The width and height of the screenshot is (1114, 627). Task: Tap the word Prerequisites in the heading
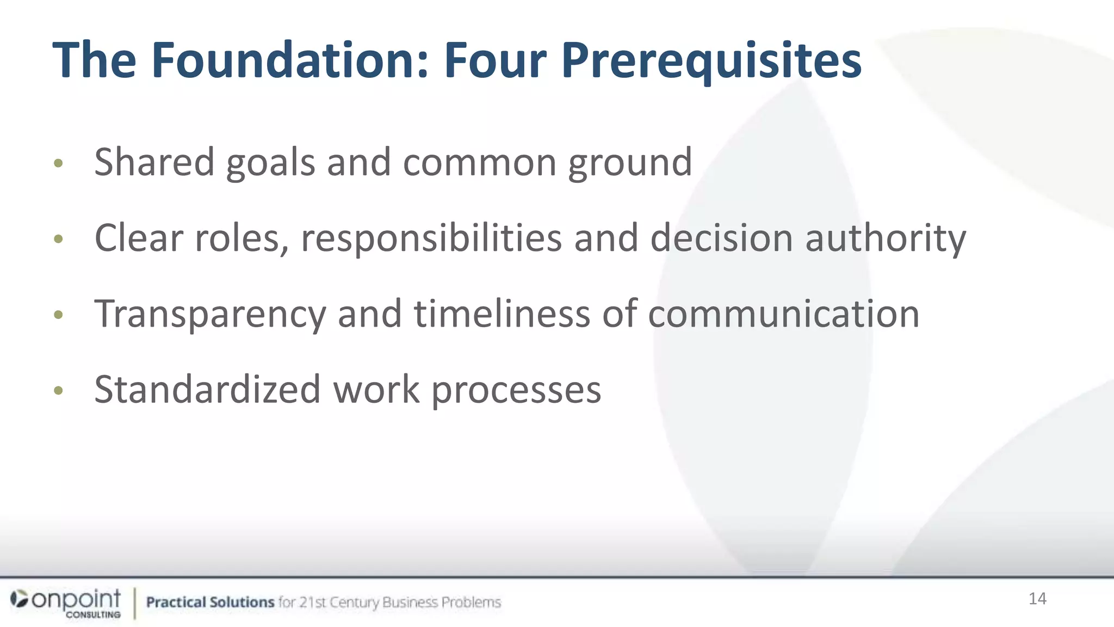[711, 61]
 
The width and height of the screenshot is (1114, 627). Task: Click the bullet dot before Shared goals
[59, 163]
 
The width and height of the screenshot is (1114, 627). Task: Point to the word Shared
[154, 162]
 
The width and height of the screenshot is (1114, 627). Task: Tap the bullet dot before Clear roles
[59, 239]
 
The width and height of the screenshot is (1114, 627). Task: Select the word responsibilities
[431, 239]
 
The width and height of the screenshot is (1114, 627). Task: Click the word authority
[885, 239]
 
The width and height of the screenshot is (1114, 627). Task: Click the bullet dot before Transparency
[59, 315]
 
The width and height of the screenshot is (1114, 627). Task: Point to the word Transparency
[210, 315]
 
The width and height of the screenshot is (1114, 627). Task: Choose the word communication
[783, 314]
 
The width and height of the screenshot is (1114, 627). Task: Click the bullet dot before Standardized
[59, 390]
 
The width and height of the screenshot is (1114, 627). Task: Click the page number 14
[1037, 599]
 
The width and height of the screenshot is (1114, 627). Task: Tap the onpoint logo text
[76, 599]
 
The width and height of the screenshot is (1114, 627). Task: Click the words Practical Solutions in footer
[210, 602]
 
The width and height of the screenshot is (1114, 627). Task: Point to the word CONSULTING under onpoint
[94, 614]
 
